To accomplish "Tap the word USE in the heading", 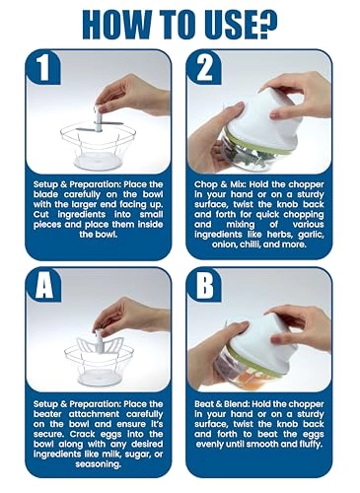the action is pos(227,25).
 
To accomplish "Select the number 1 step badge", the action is pos(43,68).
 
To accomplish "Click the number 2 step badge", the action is pos(204,68).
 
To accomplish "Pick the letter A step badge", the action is pos(44,285).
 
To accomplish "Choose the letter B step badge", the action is pos(204,285).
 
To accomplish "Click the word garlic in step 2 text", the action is pos(311,235).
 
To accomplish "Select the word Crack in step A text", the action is pos(82,434).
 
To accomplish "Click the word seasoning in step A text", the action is pos(98,464).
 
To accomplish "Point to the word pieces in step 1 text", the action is pos(47,225).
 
